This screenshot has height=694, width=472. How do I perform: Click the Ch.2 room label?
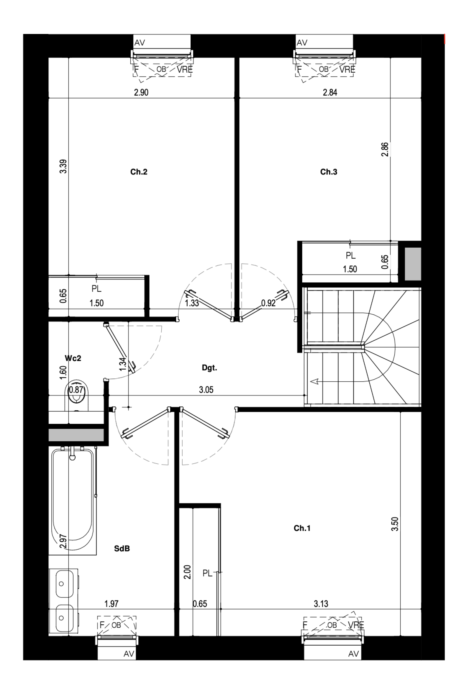click(x=139, y=172)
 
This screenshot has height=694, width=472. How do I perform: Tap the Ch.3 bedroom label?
click(x=329, y=172)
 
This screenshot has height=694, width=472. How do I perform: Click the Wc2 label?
click(x=73, y=358)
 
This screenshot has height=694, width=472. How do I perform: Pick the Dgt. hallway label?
click(x=209, y=368)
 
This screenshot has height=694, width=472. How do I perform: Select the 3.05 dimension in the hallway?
click(x=206, y=390)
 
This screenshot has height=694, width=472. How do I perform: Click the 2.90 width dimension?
click(x=141, y=92)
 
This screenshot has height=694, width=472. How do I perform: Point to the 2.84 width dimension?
click(x=330, y=92)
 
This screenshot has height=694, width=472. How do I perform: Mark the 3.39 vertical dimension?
click(x=63, y=166)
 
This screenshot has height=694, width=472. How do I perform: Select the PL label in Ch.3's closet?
click(x=351, y=256)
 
